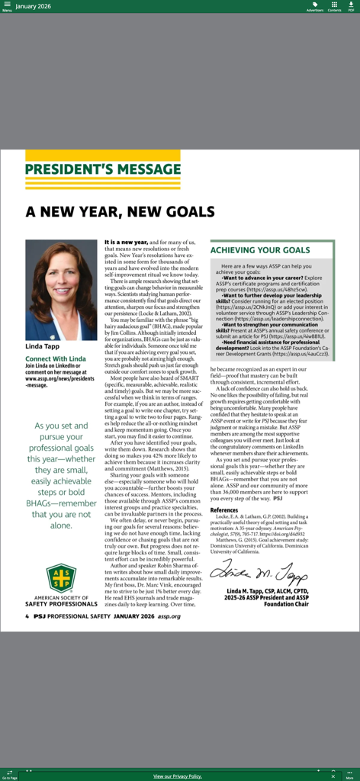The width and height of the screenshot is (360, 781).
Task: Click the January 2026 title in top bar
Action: [34, 6]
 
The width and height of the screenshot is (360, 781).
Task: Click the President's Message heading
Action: [102, 169]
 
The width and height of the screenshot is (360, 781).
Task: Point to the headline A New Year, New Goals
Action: [120, 211]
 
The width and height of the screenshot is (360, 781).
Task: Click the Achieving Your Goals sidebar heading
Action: [259, 250]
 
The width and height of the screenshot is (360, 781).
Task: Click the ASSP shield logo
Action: [60, 577]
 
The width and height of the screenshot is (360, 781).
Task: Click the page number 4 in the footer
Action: [27, 616]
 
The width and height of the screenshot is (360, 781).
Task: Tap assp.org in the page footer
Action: [169, 616]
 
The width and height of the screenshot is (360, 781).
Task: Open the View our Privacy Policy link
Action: [178, 776]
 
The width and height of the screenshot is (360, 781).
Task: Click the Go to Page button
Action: [9, 775]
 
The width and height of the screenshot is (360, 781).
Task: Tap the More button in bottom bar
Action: [349, 775]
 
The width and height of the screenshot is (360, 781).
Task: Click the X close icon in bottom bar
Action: [333, 775]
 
